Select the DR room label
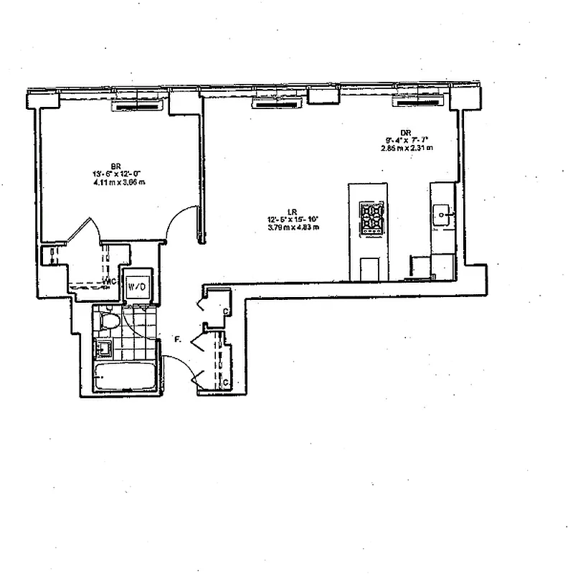coord(406,132)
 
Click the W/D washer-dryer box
coord(137,287)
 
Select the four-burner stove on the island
coord(371,218)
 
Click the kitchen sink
coord(442,213)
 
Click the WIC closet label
coord(110,281)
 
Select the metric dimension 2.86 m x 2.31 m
coord(407,149)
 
